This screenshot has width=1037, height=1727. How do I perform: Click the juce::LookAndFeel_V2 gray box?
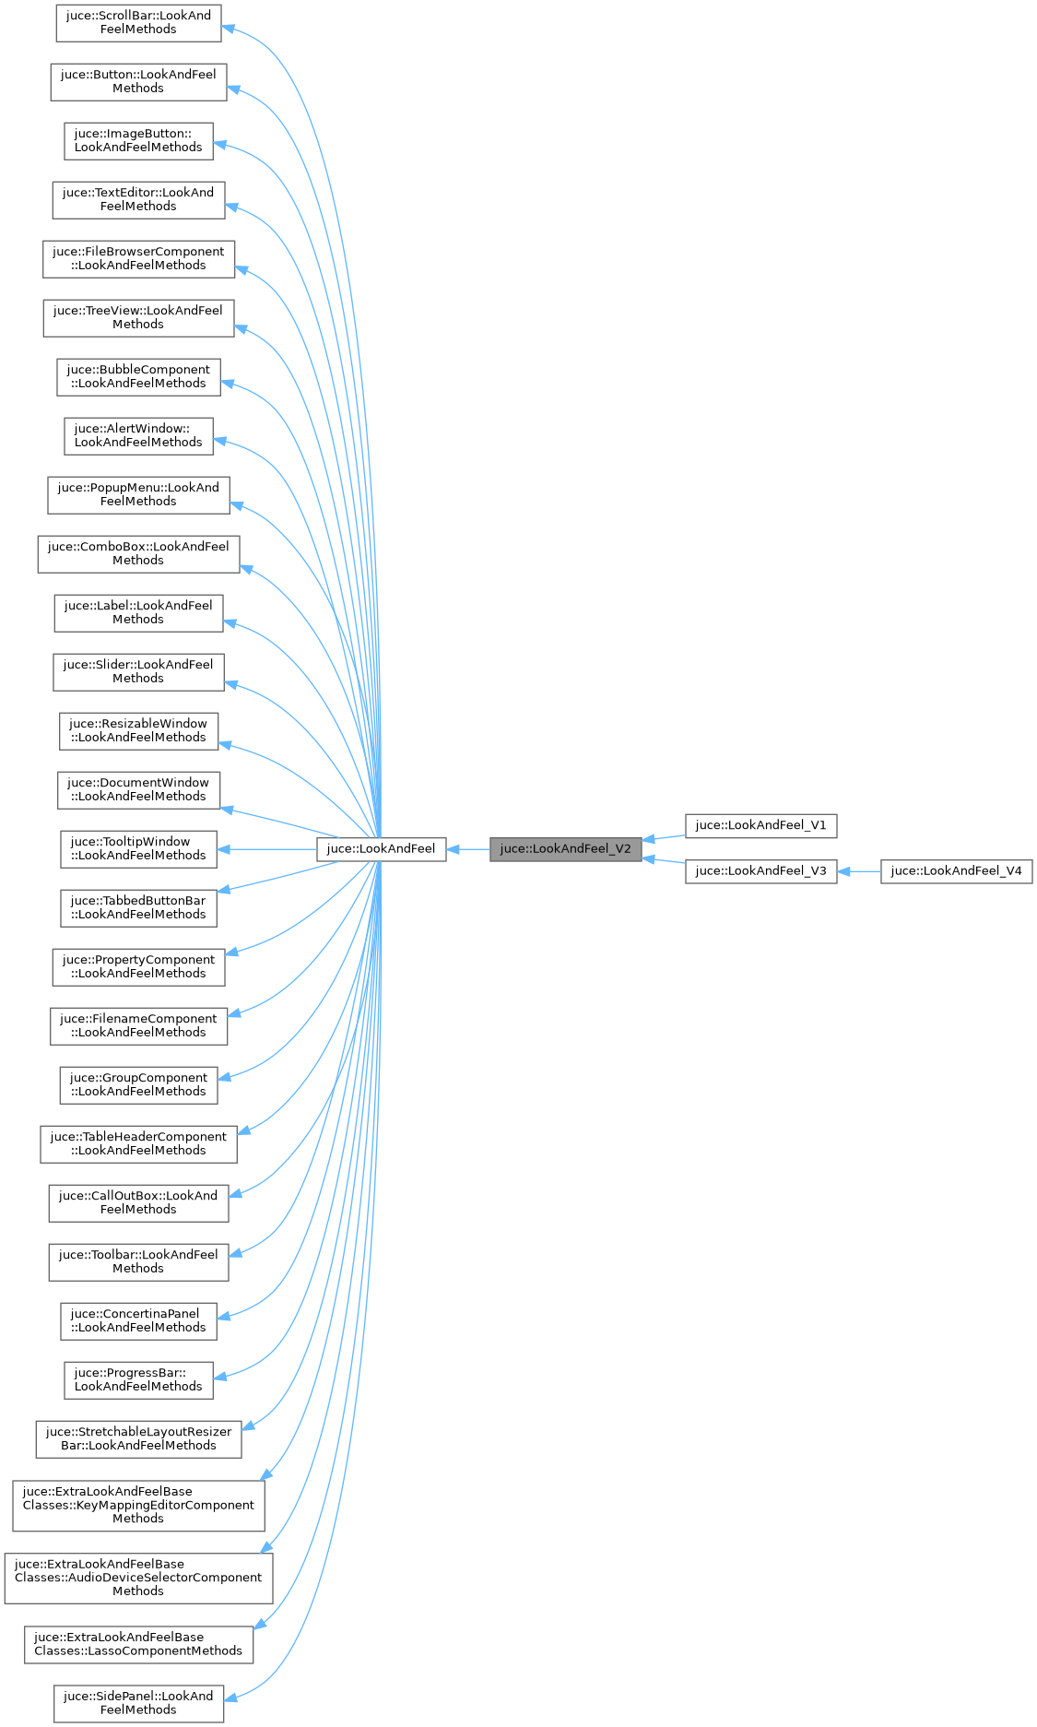tap(565, 849)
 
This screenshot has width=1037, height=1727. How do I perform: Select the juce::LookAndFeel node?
tap(382, 849)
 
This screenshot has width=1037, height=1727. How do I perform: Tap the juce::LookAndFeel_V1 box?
tap(760, 825)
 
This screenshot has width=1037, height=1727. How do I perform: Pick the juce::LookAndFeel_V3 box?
tap(760, 871)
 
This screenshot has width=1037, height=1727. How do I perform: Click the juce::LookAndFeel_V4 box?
tap(956, 871)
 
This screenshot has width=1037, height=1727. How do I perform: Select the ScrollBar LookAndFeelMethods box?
tap(138, 23)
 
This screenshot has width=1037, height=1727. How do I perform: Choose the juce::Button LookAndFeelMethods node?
tap(138, 82)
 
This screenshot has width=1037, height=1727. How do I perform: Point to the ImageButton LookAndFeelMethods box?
tap(138, 141)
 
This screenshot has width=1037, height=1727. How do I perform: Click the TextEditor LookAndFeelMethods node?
tap(138, 200)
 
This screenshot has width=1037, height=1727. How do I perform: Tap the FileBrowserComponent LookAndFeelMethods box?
tap(138, 259)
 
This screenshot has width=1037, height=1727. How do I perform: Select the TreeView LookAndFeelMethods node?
tap(138, 318)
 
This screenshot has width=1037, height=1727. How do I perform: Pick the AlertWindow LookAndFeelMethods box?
tap(138, 436)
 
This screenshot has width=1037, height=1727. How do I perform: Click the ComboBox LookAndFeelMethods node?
tap(138, 554)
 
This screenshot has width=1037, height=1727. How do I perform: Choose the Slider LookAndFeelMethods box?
tap(138, 672)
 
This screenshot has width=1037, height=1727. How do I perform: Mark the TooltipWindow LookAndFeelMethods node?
tap(138, 849)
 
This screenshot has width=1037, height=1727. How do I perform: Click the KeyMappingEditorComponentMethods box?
tap(138, 1506)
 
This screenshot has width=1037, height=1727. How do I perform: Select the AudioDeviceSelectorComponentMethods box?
tap(138, 1579)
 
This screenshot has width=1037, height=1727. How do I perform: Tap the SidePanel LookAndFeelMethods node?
tap(138, 1704)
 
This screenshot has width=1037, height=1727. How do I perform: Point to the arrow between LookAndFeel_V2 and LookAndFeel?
tap(468, 849)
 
